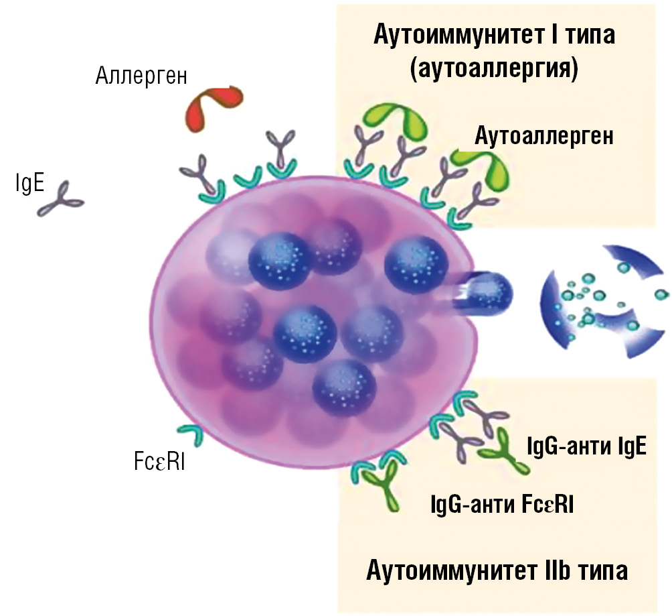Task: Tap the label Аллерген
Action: [x=141, y=76]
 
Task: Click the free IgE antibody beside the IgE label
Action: [x=60, y=198]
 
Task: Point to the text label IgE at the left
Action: [x=29, y=183]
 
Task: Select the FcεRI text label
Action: [x=159, y=462]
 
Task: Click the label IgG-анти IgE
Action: [x=586, y=446]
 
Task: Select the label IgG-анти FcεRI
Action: [x=502, y=503]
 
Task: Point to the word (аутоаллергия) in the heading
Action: [x=494, y=68]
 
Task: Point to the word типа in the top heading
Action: [x=590, y=36]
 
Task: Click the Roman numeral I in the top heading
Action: [x=554, y=34]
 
